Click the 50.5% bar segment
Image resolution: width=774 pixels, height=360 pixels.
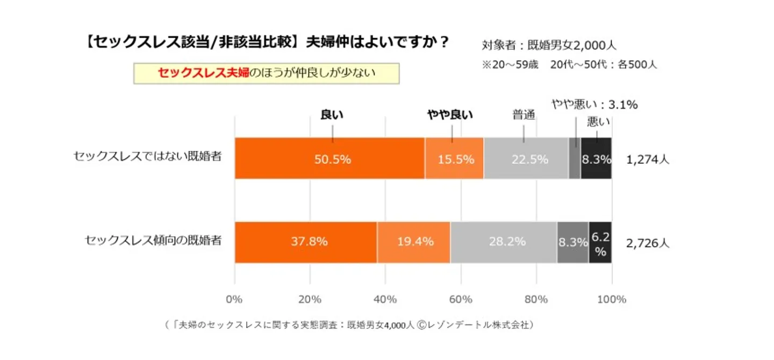[x=329, y=159]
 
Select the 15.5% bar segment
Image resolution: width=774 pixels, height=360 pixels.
[x=454, y=159]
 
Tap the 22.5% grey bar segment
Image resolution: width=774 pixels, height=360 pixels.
[x=526, y=159]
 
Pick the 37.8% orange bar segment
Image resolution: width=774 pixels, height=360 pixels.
[x=306, y=242]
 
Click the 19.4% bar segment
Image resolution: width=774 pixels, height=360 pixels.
[x=413, y=242]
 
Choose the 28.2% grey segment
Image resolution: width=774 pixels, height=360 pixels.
[x=504, y=242]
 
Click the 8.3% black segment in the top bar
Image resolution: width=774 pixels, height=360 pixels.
[x=596, y=159]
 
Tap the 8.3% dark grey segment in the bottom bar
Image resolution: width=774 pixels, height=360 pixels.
[x=572, y=242]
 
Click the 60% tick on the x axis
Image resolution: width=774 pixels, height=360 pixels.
[x=461, y=299]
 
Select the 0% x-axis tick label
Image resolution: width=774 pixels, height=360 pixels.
[x=234, y=299]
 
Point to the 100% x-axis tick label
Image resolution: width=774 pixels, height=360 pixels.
[x=611, y=299]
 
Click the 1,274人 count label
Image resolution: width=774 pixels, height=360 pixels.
[x=648, y=160]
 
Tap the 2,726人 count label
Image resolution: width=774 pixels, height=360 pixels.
[x=648, y=243]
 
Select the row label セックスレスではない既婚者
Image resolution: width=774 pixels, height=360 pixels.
[x=147, y=156]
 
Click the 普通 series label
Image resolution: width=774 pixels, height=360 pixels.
[x=524, y=115]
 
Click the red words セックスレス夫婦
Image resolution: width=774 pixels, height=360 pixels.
[x=203, y=74]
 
